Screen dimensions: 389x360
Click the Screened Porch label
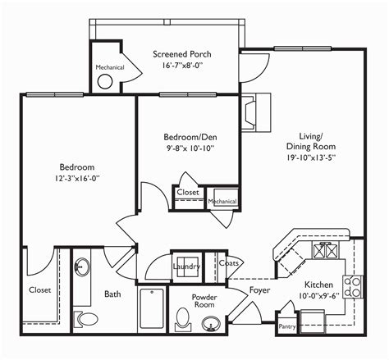pyautogui.click(x=182, y=54)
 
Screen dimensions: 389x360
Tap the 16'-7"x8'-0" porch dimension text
pyautogui.click(x=182, y=66)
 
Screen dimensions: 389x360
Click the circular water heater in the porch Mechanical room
pyautogui.click(x=105, y=81)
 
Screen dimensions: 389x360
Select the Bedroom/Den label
pyautogui.click(x=190, y=137)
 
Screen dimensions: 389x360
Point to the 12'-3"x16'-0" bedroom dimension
pyautogui.click(x=77, y=179)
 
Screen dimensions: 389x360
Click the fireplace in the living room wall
pyautogui.click(x=256, y=112)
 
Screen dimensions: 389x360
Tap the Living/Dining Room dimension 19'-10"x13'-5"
pyautogui.click(x=311, y=157)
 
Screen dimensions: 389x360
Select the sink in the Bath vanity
pyautogui.click(x=81, y=267)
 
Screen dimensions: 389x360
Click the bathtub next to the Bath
pyautogui.click(x=152, y=308)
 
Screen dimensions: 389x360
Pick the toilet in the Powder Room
pyautogui.click(x=183, y=319)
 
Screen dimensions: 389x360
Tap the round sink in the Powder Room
pyautogui.click(x=211, y=323)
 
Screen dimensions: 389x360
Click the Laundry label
pyautogui.click(x=186, y=267)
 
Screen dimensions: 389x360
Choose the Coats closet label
pyautogui.click(x=229, y=263)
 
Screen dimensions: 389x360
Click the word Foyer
pyautogui.click(x=259, y=290)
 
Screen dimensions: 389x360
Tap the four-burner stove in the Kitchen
pyautogui.click(x=353, y=287)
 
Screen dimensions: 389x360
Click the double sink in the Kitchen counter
pyautogui.click(x=325, y=250)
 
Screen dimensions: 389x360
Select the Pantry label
pyautogui.click(x=287, y=326)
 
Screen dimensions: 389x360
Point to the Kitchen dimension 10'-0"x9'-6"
pyautogui.click(x=318, y=296)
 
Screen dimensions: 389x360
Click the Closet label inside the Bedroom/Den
pyautogui.click(x=188, y=192)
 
